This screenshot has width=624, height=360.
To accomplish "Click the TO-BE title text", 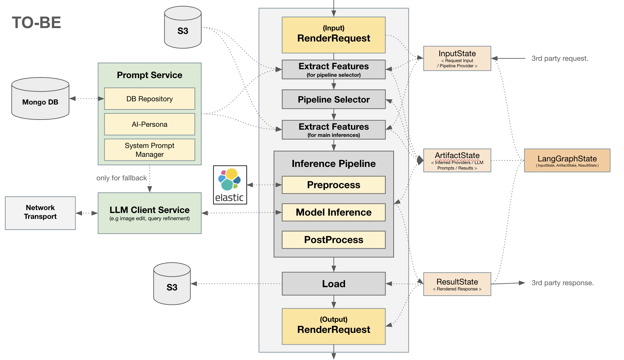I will click(x=36, y=23).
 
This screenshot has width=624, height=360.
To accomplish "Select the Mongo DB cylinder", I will click(x=40, y=99).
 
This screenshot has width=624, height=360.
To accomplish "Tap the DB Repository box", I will click(x=149, y=99).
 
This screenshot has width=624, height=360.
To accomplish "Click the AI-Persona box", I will click(x=149, y=124).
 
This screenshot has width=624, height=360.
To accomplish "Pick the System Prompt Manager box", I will click(x=149, y=150).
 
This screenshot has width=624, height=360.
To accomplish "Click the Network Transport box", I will click(x=40, y=213).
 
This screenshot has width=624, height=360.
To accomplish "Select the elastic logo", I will click(x=230, y=185).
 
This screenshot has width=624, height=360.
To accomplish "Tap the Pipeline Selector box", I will click(x=333, y=99).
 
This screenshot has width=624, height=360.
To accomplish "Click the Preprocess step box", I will click(x=333, y=185).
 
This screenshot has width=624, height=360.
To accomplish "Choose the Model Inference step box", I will click(x=333, y=212).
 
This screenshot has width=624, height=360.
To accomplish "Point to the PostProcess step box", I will click(x=333, y=240).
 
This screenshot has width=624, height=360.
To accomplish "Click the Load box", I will click(x=333, y=284).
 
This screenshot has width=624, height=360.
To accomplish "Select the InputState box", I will click(x=457, y=58).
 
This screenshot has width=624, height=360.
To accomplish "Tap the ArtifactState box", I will click(x=457, y=160).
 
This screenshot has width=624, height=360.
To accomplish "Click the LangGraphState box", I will click(x=567, y=160).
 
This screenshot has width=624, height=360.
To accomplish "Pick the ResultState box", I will click(x=457, y=284).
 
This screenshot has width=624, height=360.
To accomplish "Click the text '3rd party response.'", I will click(x=562, y=283).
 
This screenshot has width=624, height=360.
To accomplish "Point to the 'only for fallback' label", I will click(x=122, y=178).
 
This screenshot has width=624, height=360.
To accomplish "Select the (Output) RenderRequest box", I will click(x=333, y=326).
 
